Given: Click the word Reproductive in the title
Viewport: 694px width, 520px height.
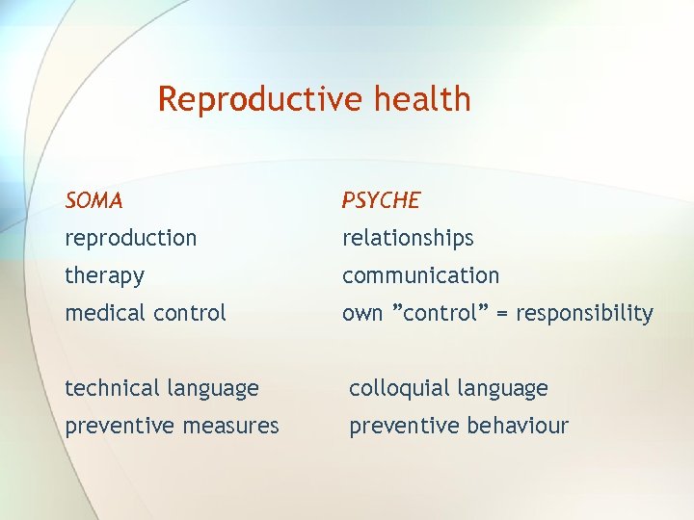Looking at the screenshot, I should (258, 99).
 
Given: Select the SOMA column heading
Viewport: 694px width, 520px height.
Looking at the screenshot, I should (93, 200).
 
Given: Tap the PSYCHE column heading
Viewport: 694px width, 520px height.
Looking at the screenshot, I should (381, 200).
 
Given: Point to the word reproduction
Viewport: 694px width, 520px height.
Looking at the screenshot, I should (130, 238).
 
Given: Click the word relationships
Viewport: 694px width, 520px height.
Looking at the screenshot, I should (408, 238).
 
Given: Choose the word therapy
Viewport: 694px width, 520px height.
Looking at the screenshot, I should (104, 276).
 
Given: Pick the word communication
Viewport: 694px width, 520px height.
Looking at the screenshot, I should (420, 275).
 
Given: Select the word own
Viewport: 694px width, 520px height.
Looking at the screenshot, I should (362, 314).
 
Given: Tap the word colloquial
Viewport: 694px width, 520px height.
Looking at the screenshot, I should (397, 388).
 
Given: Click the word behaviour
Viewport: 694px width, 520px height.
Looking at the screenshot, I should (520, 426).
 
